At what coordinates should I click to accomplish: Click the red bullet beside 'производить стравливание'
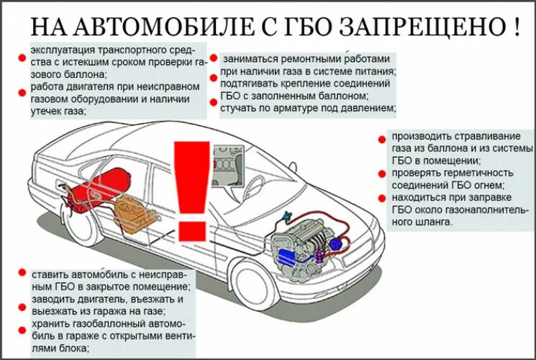(382, 137)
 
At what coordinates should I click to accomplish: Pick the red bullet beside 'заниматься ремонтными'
(214, 58)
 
